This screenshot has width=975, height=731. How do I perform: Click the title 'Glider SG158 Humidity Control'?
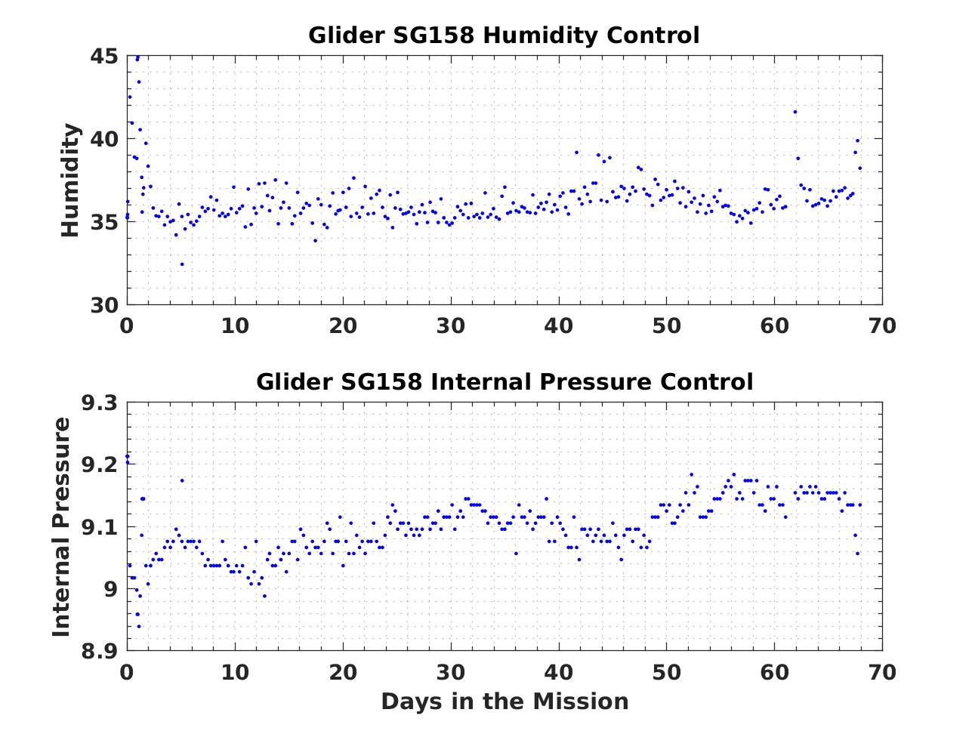coord(504,35)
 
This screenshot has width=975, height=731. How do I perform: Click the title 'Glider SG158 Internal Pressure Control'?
coord(504,382)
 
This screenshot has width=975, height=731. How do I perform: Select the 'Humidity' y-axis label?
coord(71,180)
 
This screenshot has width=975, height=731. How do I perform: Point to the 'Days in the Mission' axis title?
coord(504,702)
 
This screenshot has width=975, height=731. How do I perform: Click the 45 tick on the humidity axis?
coord(103,57)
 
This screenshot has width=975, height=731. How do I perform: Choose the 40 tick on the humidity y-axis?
coord(103,140)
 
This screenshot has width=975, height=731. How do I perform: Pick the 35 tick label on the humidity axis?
coord(103,223)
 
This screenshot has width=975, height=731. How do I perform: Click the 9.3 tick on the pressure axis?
coord(99,403)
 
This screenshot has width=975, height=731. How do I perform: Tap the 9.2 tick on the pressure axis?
coord(99,465)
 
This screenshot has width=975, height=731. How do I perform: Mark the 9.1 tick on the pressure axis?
coord(99,527)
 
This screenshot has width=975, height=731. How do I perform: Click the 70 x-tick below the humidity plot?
coord(882,326)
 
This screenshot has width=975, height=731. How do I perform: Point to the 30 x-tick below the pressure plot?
coord(451,672)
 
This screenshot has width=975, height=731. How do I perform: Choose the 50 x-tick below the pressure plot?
coord(667,672)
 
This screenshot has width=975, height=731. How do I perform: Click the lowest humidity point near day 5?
coord(182,264)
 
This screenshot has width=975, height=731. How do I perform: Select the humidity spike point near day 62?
coord(795,112)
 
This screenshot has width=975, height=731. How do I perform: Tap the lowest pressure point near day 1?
coord(138,626)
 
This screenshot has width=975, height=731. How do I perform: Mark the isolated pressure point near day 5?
coord(182,480)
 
